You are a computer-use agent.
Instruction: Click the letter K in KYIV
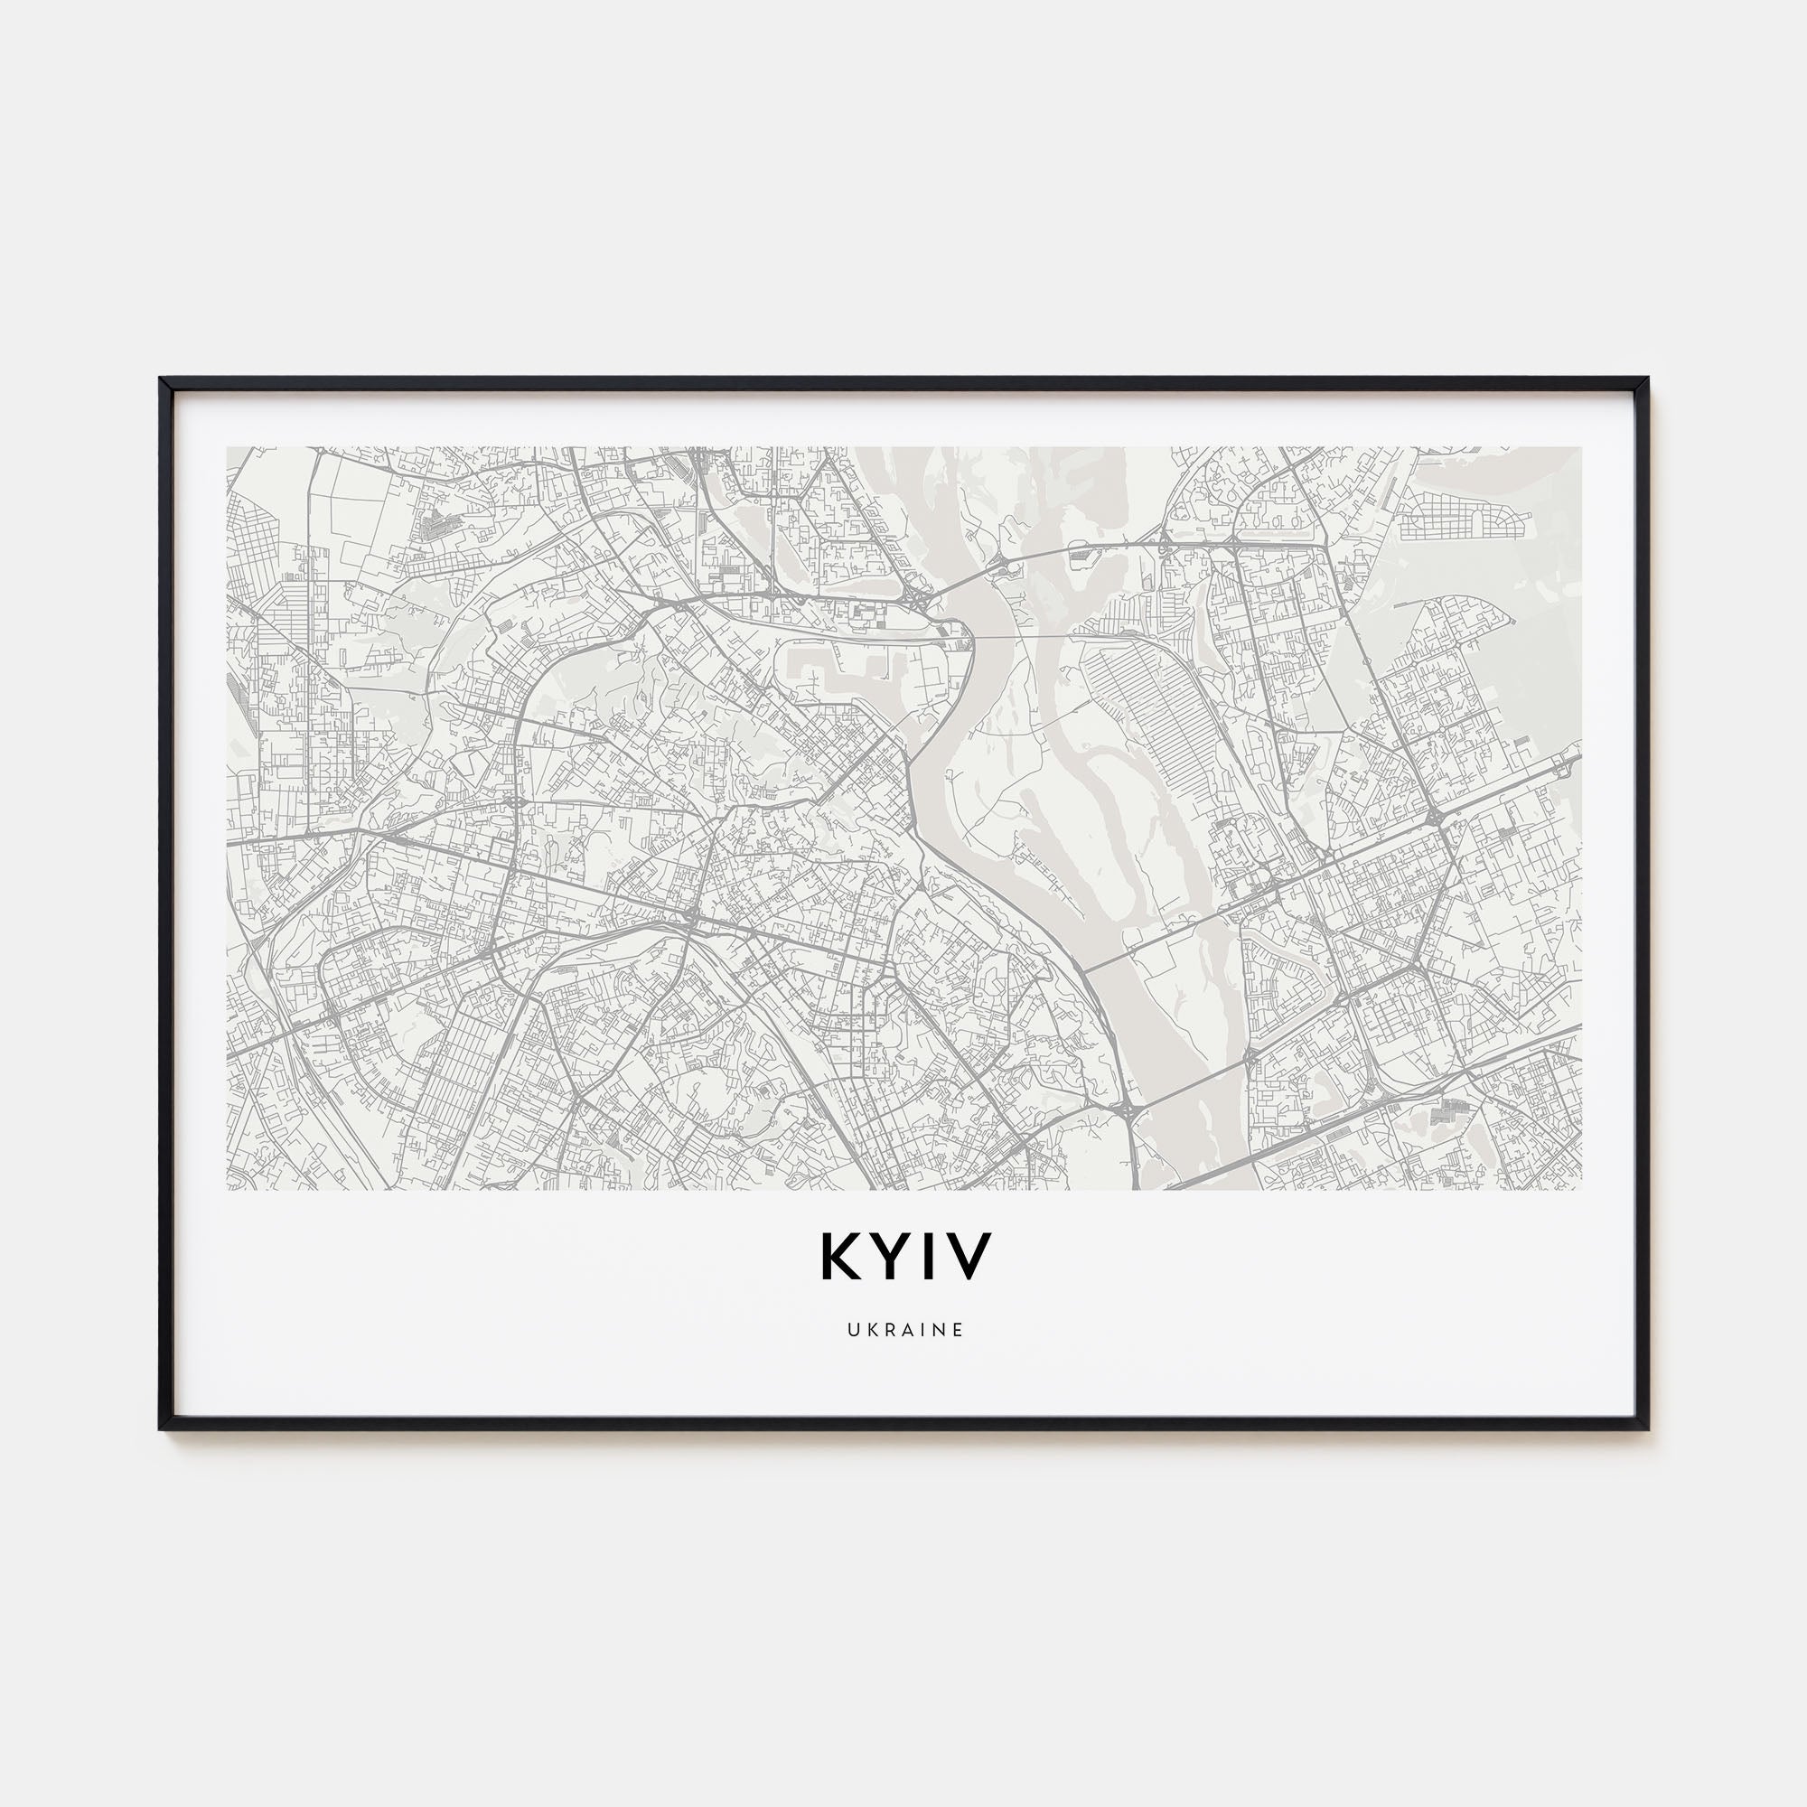pyautogui.click(x=841, y=1258)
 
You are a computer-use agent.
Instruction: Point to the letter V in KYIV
pyautogui.click(x=967, y=1258)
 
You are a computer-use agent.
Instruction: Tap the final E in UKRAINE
pyautogui.click(x=958, y=1330)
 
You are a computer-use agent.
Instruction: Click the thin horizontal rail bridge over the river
pyautogui.click(x=1029, y=636)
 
